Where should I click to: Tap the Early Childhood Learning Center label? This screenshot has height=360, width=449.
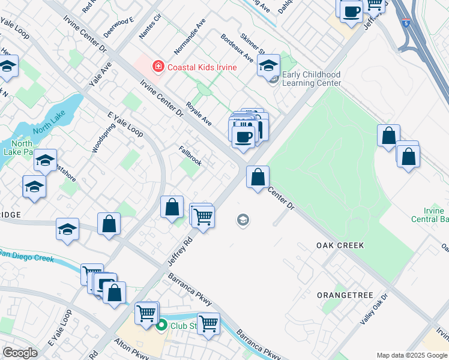[311, 79]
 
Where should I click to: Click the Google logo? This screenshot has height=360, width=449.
[20, 353]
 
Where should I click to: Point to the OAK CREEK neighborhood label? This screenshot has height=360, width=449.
[340, 246]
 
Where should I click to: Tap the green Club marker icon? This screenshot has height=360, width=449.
[161, 326]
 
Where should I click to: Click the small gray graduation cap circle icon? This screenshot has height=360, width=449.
[243, 220]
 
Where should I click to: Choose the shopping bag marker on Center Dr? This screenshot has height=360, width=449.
[258, 178]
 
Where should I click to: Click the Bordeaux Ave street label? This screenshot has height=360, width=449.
[237, 47]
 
